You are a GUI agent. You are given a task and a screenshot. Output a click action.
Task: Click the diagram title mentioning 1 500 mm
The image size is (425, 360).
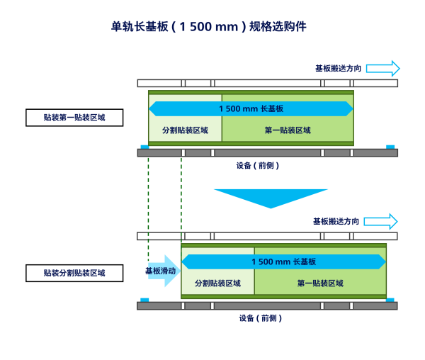pyautogui.click(x=209, y=27)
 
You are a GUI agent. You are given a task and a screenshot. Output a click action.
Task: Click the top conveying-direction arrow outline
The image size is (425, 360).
pyautogui.click(x=383, y=68)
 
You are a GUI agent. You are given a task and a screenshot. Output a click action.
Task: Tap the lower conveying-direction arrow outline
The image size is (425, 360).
pyautogui.click(x=381, y=221)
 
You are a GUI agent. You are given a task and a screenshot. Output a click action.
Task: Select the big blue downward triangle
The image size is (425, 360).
pyautogui.click(x=271, y=197)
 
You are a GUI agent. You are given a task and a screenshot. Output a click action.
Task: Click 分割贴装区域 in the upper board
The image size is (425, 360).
pyautogui.click(x=185, y=130)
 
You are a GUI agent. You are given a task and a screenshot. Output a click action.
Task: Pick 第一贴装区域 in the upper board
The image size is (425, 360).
pyautogui.click(x=288, y=130)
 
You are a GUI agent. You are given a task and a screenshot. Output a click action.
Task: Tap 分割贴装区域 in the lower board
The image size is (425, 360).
pyautogui.click(x=217, y=283)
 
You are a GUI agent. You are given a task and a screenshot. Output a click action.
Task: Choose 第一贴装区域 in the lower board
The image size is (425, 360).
pyautogui.click(x=320, y=283)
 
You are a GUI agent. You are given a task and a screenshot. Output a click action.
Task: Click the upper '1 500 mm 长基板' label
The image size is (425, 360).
pyautogui.click(x=251, y=108)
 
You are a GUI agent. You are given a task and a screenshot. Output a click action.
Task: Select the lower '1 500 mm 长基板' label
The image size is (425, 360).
pyautogui.click(x=283, y=261)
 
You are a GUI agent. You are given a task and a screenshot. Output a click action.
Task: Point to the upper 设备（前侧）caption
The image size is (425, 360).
pyautogui.click(x=258, y=166)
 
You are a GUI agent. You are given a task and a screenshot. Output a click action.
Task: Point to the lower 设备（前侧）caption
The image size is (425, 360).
pyautogui.click(x=260, y=318)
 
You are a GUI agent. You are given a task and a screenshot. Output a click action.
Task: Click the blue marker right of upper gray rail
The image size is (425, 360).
pyautogui.click(x=390, y=147)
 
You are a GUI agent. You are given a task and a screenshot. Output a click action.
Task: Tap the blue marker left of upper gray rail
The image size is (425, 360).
pyautogui.click(x=144, y=147)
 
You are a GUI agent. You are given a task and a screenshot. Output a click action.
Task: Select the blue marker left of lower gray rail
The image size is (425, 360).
pyautogui.click(x=144, y=300)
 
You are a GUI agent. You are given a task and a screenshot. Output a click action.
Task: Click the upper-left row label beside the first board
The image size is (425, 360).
pyautogui.click(x=74, y=117)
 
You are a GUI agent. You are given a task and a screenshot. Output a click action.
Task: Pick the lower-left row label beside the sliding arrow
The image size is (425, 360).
pyautogui.click(x=74, y=273)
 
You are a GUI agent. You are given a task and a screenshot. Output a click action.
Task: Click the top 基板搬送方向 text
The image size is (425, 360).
pyautogui.click(x=339, y=69)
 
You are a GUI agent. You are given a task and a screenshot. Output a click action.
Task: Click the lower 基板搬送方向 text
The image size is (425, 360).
pyautogui.click(x=336, y=221)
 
